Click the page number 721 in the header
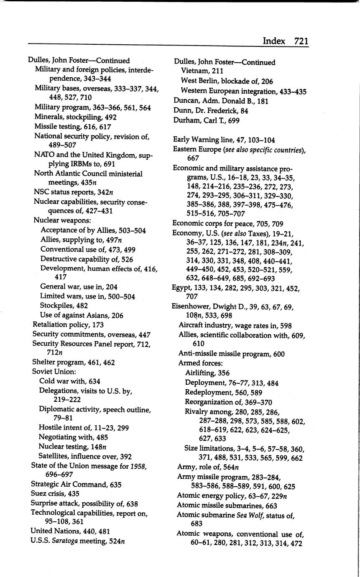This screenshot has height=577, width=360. pyautogui.click(x=301, y=41)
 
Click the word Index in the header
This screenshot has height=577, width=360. pyautogui.click(x=274, y=41)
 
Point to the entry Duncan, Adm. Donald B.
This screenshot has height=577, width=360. pyautogui.click(x=221, y=101)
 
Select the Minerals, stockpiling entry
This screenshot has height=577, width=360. pyautogui.click(x=75, y=117)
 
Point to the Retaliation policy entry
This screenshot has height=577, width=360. pyautogui.click(x=68, y=324)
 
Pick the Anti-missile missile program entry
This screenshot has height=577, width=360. pyautogui.click(x=231, y=354)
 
